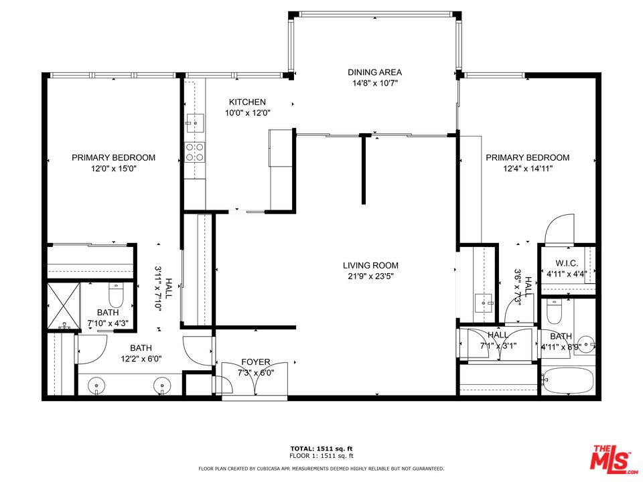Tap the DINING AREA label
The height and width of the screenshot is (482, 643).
pos(374,72)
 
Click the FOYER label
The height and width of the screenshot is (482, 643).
pos(256,362)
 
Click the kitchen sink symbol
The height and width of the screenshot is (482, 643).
pos(196,122)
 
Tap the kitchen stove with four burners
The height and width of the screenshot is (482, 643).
pos(195,153)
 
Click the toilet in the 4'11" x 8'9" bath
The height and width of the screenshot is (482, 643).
pos(554,311)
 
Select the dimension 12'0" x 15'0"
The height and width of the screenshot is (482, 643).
pos(114,169)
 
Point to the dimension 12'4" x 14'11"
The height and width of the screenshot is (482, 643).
pos(527,169)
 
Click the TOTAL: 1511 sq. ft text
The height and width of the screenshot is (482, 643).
pos(321,448)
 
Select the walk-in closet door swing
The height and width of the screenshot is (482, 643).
pos(559,230)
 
